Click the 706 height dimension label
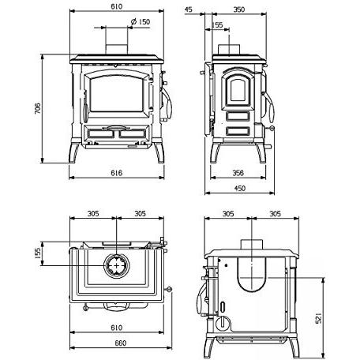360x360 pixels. [x=38, y=108]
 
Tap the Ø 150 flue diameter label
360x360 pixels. [x=141, y=21]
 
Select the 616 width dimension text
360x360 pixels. [x=116, y=173]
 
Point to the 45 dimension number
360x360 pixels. [x=189, y=9]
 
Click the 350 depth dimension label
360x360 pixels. [x=239, y=9]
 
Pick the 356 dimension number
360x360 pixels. [x=238, y=173]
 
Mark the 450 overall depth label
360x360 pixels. [x=239, y=188]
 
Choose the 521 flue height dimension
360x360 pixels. [x=318, y=318]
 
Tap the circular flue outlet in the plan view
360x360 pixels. [x=117, y=266]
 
